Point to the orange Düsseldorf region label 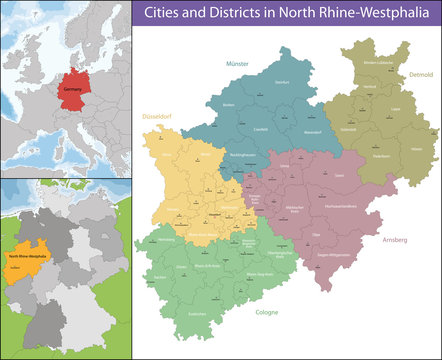coord(155,115)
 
